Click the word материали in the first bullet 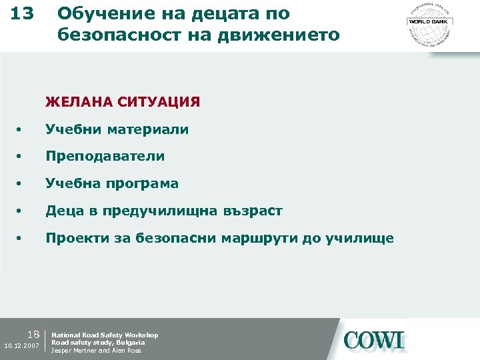pos(150,129)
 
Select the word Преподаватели pos(105,156)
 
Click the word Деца pos(63,211)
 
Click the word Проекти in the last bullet pos(73,238)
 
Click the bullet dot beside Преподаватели pos(21,157)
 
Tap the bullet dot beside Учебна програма pos(21,185)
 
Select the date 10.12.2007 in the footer pos(22,347)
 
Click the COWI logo pos(374,340)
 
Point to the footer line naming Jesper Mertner pos(96,351)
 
